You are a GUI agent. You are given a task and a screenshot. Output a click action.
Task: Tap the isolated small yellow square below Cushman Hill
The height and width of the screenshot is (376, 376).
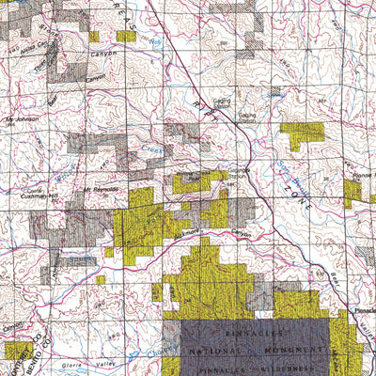click(101, 279)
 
